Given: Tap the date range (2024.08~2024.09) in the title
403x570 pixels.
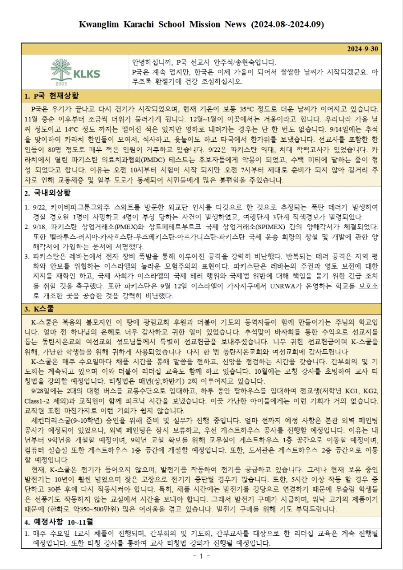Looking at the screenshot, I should pos(287,24).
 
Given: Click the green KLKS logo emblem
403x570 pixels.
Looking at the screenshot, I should pos(61,70).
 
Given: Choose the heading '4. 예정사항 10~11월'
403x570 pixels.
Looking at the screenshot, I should pos(59,522).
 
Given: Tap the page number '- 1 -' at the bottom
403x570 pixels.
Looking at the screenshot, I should pos(201,556).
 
